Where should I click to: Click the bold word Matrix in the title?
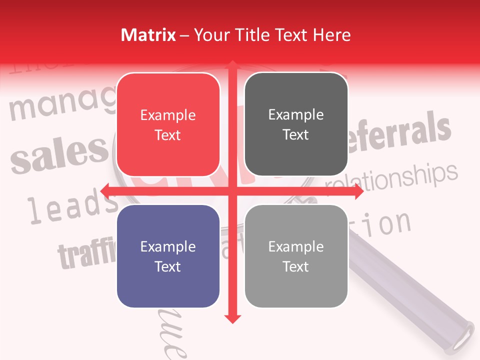coord(148,35)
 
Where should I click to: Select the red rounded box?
coord(168,124)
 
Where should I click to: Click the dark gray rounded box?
coord(296,124)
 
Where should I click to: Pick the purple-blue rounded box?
coord(168,256)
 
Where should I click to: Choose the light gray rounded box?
coord(296,256)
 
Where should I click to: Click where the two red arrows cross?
coord(232,191)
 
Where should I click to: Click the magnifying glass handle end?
coord(464,332)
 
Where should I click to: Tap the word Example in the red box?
coord(168,115)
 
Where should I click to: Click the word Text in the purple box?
coord(168,266)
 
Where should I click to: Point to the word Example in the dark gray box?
coord(296,115)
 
